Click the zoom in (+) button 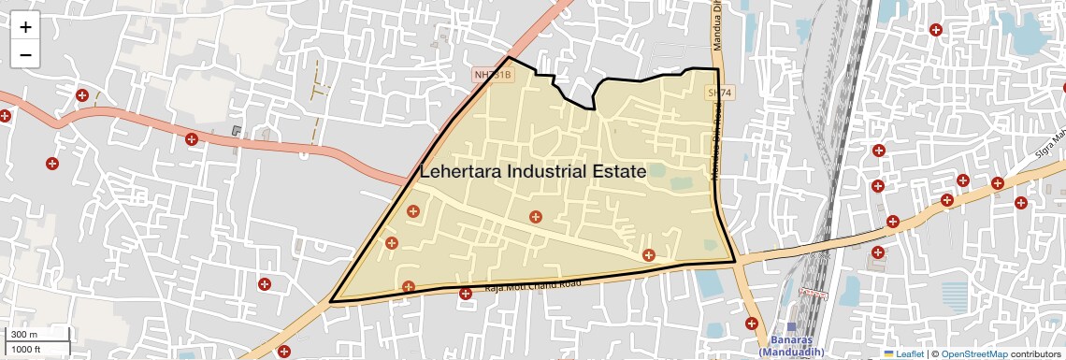[x=25, y=27]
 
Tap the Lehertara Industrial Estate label [x=533, y=172]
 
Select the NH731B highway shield [x=493, y=74]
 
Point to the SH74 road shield [x=717, y=93]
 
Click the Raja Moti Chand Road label [x=532, y=284]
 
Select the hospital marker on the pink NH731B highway [x=192, y=139]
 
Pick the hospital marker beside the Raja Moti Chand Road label [x=466, y=294]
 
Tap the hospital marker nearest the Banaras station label [x=752, y=323]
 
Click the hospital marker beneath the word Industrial [x=535, y=217]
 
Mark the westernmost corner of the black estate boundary [x=331, y=301]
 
